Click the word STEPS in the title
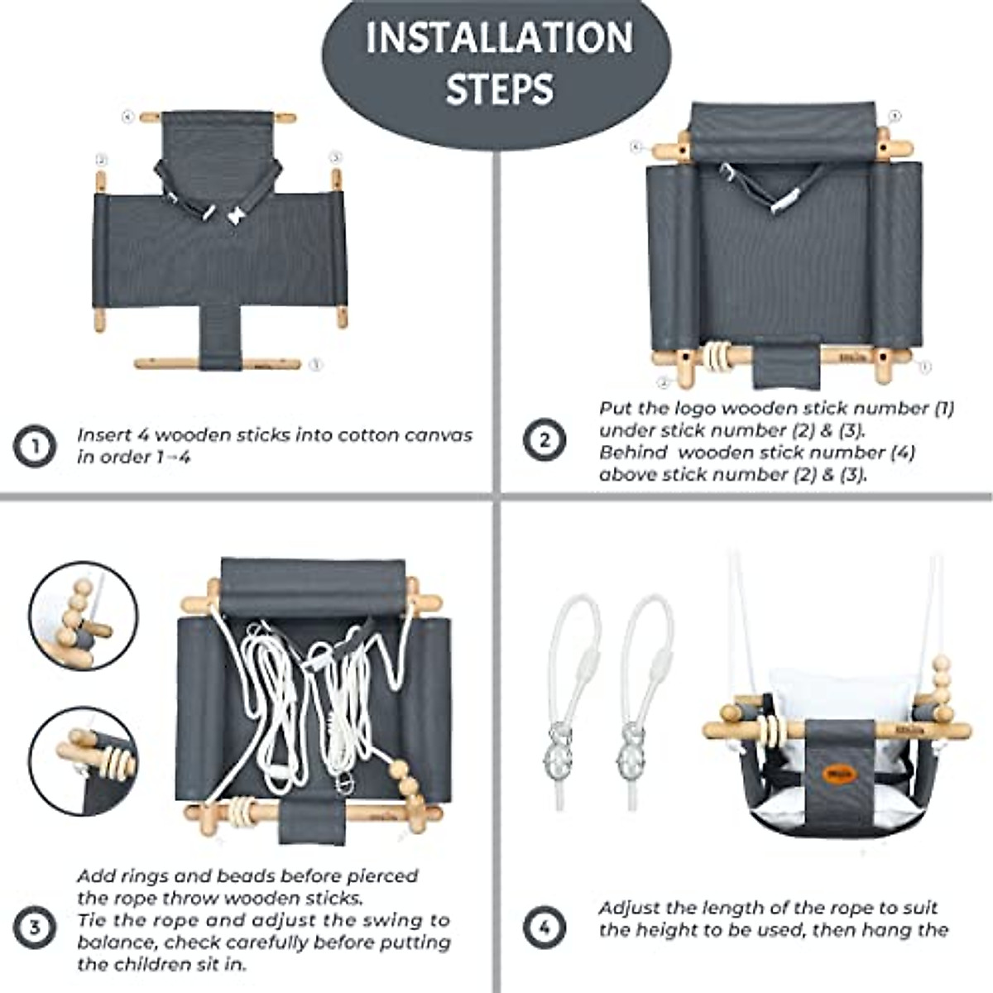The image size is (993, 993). (499, 88)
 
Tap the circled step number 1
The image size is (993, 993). (34, 446)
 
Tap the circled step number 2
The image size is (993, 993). (544, 440)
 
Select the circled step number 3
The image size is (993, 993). (34, 926)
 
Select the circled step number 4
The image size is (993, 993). (544, 926)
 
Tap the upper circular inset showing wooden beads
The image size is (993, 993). (83, 616)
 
